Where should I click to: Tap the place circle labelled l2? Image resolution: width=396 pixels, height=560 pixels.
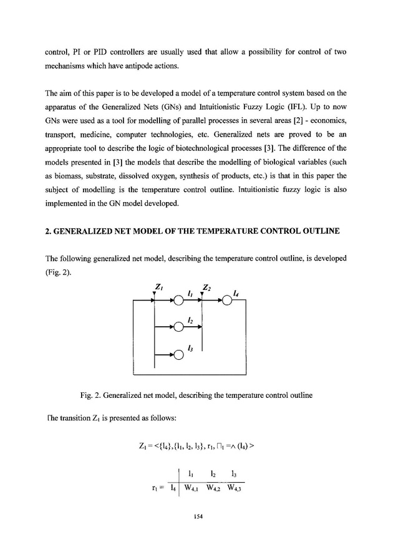tap(178, 327)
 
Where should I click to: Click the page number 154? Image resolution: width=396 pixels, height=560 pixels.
tap(198, 516)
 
